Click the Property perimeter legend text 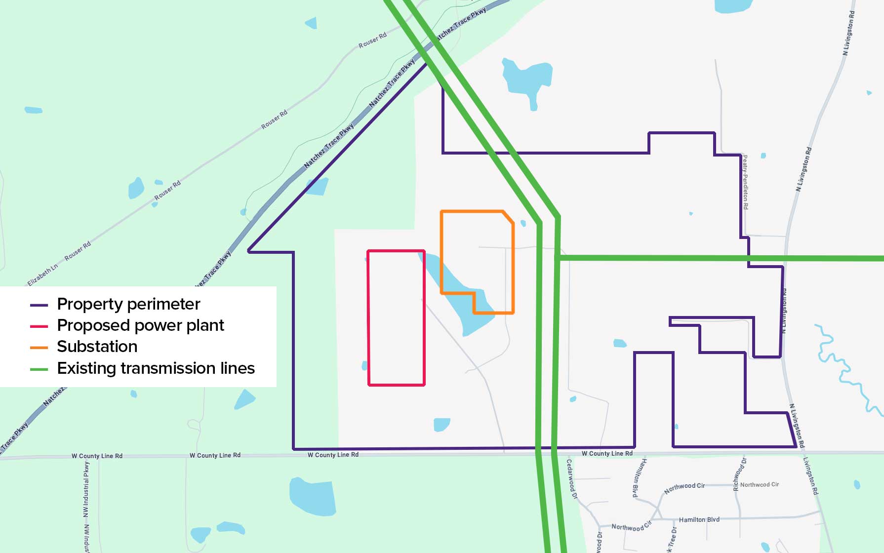(x=128, y=304)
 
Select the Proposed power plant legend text (x=140, y=325)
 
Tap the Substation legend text (x=97, y=347)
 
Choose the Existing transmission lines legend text (x=156, y=368)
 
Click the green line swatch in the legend (x=39, y=369)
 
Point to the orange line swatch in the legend (x=39, y=348)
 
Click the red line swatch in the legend (x=39, y=326)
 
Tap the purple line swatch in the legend (x=39, y=305)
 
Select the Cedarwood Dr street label (x=571, y=479)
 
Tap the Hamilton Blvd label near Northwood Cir (x=699, y=519)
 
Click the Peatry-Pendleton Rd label (x=745, y=182)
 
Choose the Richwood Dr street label (x=739, y=474)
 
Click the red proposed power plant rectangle (x=368, y=316)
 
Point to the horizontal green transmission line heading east (x=716, y=258)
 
